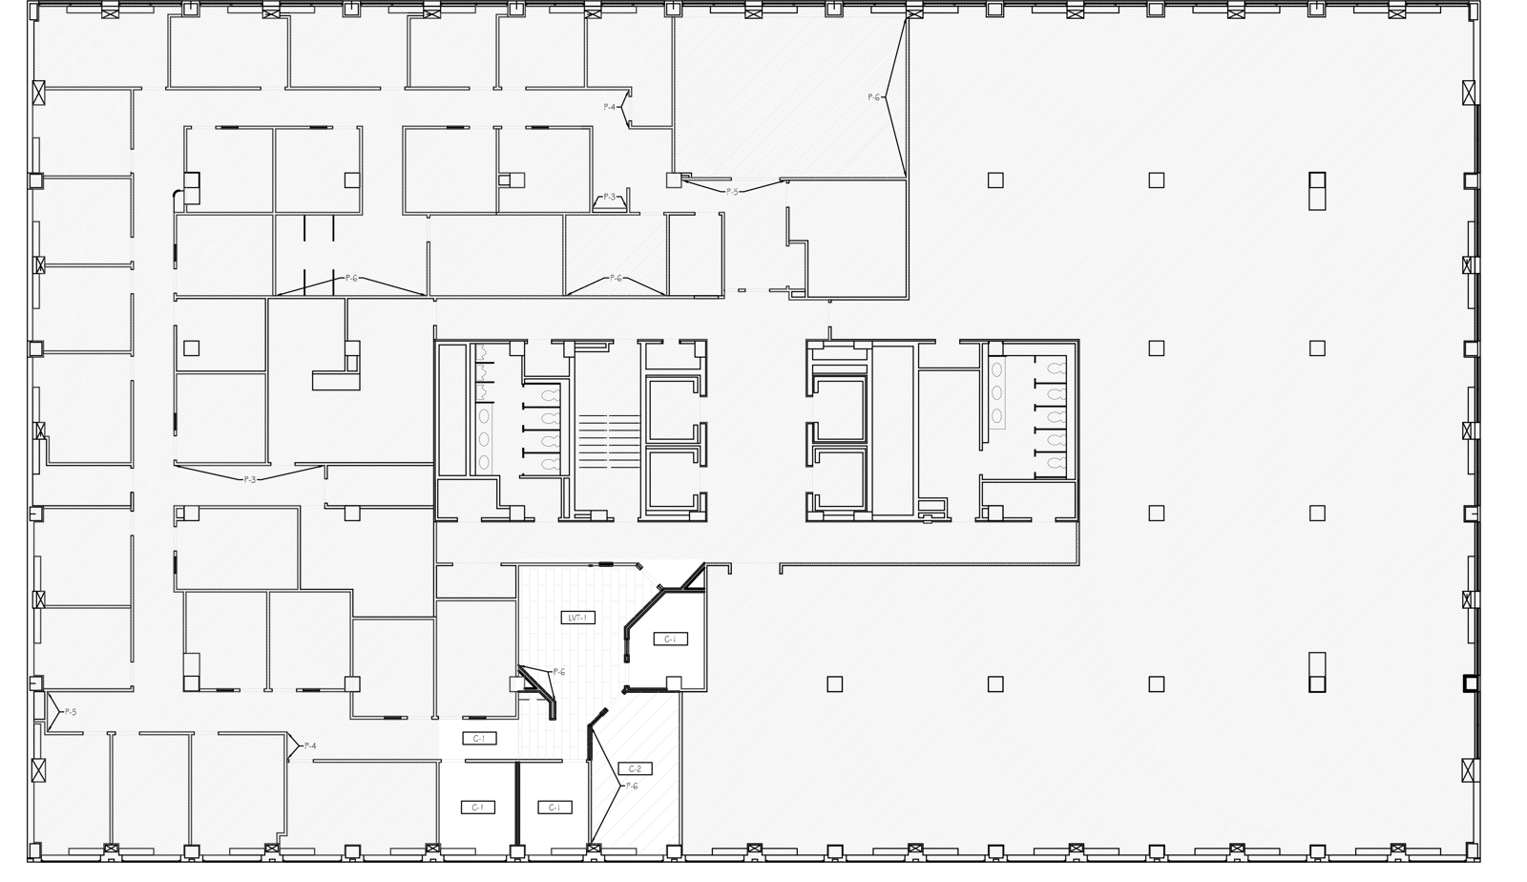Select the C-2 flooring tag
click(x=635, y=768)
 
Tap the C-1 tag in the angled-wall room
click(x=669, y=639)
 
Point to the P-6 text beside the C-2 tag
click(x=632, y=786)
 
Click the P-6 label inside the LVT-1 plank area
click(x=559, y=672)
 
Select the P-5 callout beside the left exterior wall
click(x=70, y=712)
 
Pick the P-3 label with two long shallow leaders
click(x=250, y=479)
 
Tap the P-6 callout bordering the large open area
click(x=874, y=97)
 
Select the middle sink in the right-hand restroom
click(x=996, y=392)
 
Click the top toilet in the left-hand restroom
click(x=551, y=393)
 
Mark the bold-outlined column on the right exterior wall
click(x=1470, y=683)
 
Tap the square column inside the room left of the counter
click(x=191, y=348)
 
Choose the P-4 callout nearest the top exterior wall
click(x=609, y=107)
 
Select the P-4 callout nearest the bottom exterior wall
click(x=309, y=745)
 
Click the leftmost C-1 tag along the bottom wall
click(x=478, y=807)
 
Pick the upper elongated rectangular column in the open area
click(x=1317, y=190)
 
